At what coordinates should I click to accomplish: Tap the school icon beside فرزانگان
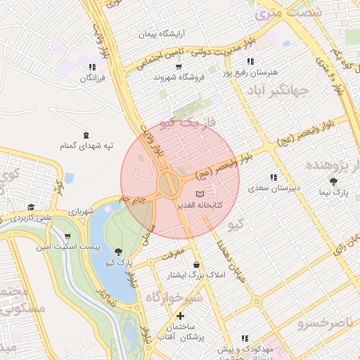click(92, 67)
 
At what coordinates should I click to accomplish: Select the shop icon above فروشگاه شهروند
click(179, 67)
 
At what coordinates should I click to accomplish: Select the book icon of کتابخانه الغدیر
click(200, 193)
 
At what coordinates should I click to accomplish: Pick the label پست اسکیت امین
click(67, 247)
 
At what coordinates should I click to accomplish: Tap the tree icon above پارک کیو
click(117, 251)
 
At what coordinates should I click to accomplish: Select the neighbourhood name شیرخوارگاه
click(169, 297)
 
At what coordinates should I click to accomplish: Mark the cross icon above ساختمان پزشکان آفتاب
click(181, 316)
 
